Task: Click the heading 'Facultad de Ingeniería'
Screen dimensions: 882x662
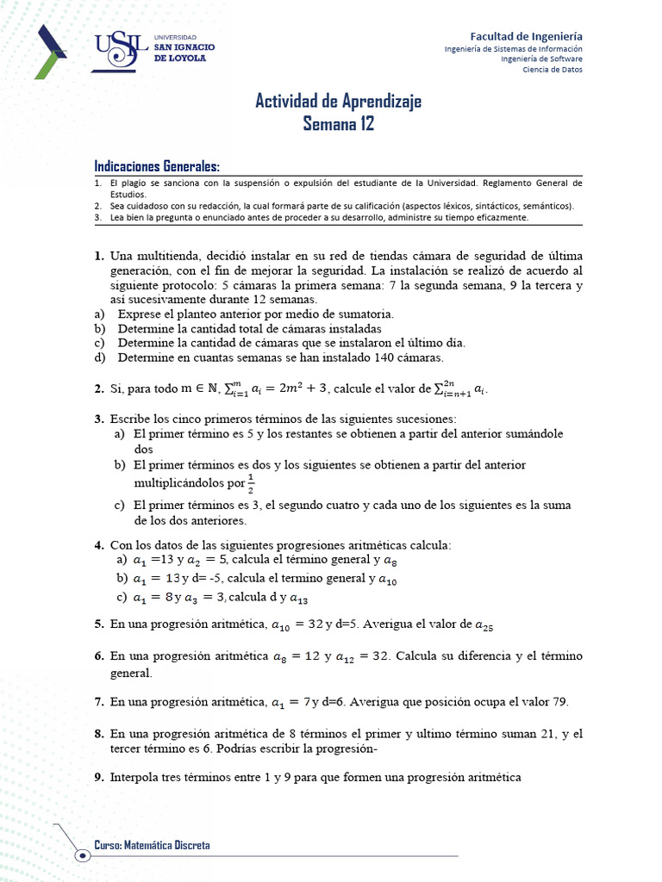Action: coord(526,36)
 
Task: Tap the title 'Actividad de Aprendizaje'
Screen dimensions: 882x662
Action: coord(338,102)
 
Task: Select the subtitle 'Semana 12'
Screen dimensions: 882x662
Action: coord(339,124)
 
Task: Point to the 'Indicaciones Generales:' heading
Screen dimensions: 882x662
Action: coord(156,166)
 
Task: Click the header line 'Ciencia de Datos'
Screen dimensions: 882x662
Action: coord(553,70)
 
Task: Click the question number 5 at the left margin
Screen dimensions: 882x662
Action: coord(97,624)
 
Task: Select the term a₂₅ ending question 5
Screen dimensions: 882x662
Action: coord(484,625)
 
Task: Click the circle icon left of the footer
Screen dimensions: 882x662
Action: coord(82,854)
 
